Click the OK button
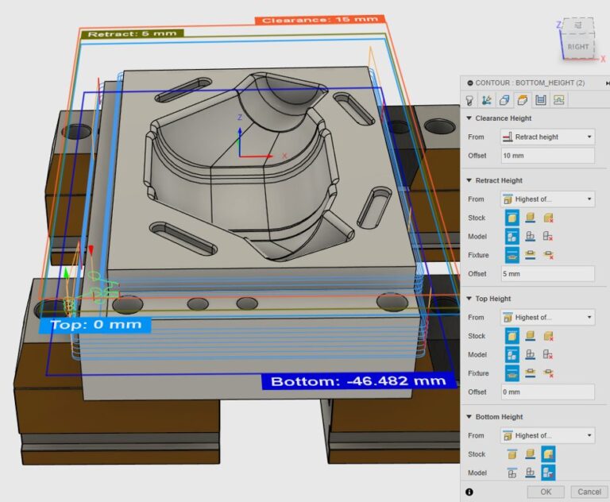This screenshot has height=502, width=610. pyautogui.click(x=546, y=492)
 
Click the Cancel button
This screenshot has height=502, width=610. pyautogui.click(x=589, y=492)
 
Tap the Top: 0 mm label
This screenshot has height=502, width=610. pyautogui.click(x=95, y=324)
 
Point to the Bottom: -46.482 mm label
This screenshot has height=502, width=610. pyautogui.click(x=358, y=381)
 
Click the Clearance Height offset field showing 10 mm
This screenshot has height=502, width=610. pyautogui.click(x=546, y=156)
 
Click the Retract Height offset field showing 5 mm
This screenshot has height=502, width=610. pyautogui.click(x=546, y=274)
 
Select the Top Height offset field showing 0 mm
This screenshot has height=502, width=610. pyautogui.click(x=546, y=392)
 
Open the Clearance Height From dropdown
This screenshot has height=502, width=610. pyautogui.click(x=546, y=137)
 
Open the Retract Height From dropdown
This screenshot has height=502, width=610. pyautogui.click(x=546, y=199)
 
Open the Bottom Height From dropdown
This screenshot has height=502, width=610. pyautogui.click(x=546, y=435)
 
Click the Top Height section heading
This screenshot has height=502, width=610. pyautogui.click(x=492, y=299)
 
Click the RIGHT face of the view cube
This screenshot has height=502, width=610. pyautogui.click(x=577, y=47)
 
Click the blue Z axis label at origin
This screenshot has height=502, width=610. pyautogui.click(x=240, y=117)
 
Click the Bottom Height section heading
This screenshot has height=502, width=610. pyautogui.click(x=499, y=417)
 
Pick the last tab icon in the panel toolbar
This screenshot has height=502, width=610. pyautogui.click(x=559, y=100)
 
